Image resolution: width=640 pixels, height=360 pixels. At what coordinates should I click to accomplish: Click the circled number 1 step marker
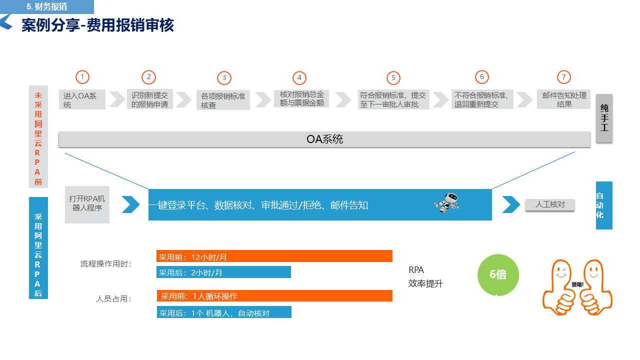(82, 77)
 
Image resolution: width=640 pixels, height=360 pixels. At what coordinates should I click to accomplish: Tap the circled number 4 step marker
(299, 78)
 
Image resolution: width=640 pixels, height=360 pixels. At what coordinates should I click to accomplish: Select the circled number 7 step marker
(563, 77)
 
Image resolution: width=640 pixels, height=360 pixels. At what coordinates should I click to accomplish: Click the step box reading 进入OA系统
(82, 100)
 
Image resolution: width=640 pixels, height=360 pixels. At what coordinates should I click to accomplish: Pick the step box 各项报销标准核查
(223, 100)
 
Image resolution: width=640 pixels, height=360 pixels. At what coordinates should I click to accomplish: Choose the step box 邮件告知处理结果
(564, 99)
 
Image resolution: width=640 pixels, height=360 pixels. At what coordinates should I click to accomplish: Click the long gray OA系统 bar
(324, 139)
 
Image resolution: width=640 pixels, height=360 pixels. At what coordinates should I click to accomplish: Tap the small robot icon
(446, 202)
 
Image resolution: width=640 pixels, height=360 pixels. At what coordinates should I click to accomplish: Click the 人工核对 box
(549, 204)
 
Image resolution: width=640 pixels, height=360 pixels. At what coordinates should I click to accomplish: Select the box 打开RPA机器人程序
(87, 204)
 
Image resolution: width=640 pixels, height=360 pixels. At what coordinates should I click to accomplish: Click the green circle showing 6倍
(498, 275)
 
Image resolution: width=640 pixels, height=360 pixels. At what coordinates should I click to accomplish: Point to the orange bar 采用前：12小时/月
(274, 256)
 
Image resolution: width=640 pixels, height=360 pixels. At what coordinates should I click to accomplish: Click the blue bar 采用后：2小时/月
(223, 272)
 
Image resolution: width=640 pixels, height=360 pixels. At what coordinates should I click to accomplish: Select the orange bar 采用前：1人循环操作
(274, 296)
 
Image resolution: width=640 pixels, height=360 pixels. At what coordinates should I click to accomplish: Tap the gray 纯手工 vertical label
(604, 118)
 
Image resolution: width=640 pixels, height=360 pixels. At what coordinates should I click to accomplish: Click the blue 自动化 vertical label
(604, 205)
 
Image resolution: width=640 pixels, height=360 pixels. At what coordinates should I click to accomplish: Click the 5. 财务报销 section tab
(47, 7)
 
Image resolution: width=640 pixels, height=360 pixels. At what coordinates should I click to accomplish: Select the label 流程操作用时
(106, 264)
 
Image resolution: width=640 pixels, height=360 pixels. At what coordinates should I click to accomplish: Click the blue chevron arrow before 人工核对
(510, 204)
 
